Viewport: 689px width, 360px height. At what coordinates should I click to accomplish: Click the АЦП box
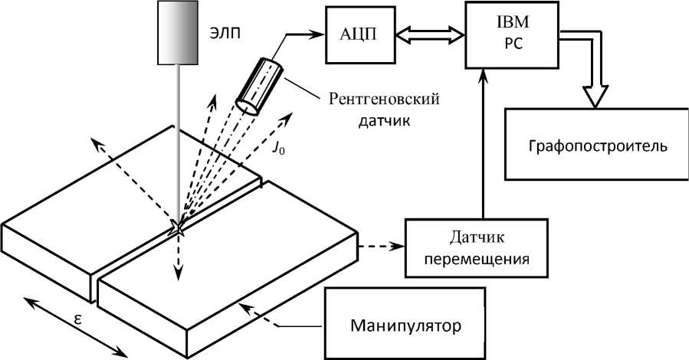tap(358, 35)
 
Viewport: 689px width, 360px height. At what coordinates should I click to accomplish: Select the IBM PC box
tap(513, 34)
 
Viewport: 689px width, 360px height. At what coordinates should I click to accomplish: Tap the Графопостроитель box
tap(597, 144)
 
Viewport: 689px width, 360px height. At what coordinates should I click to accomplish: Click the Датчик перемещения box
tap(477, 248)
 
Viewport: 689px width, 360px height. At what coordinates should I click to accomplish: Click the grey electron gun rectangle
tap(178, 32)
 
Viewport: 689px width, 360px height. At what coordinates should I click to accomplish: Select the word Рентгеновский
tap(384, 99)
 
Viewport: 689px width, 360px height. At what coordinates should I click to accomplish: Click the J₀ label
tap(277, 149)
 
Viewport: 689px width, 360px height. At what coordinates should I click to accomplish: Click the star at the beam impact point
tap(179, 228)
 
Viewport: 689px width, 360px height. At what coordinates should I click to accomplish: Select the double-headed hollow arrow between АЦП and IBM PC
tap(428, 34)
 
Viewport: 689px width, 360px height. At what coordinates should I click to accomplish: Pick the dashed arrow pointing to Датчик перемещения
tap(381, 247)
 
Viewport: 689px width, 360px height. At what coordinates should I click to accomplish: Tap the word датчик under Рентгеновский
tap(384, 120)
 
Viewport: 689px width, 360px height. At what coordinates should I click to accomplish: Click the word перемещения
tap(477, 259)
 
